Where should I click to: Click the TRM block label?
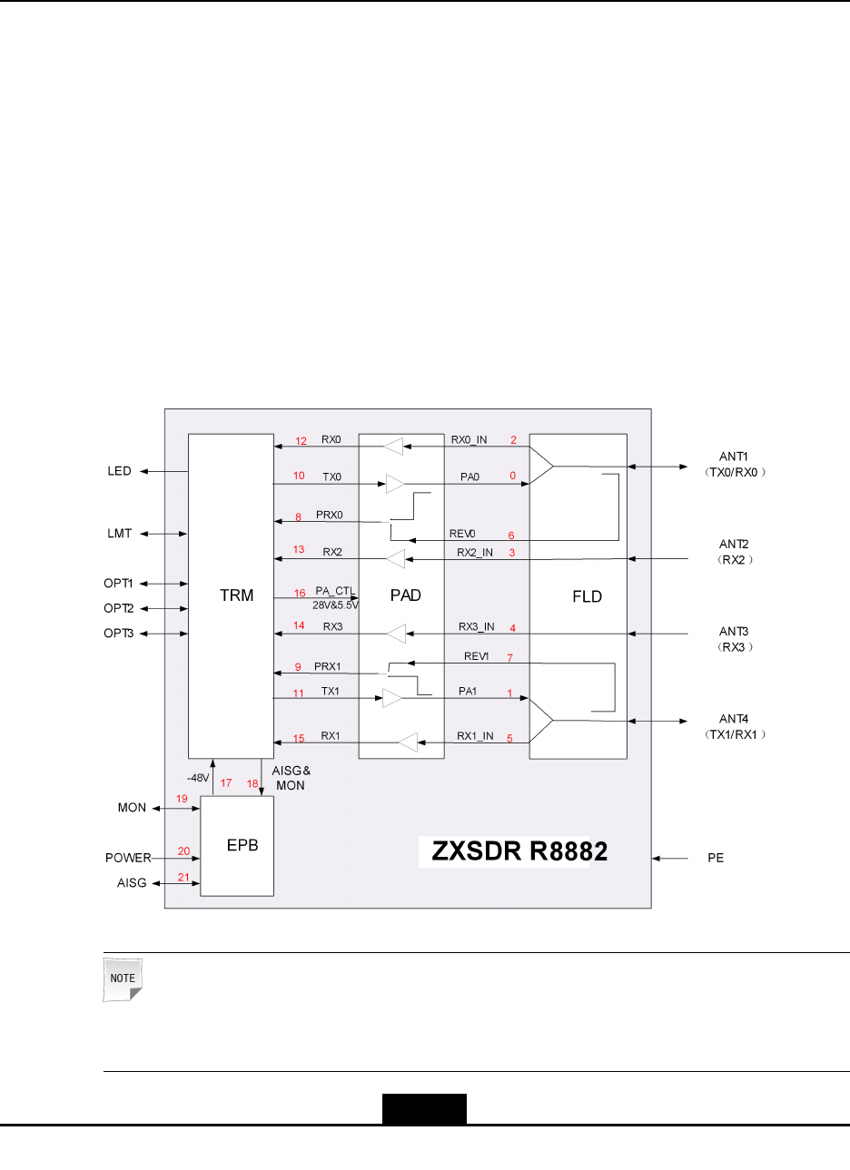click(236, 595)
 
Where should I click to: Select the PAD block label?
click(405, 595)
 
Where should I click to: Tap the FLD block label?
click(587, 596)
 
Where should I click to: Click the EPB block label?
click(242, 845)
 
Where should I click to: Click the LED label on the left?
click(119, 471)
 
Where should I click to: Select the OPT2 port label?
click(118, 608)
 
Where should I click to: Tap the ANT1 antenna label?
click(733, 457)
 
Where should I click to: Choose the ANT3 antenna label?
click(733, 631)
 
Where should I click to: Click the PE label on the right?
click(716, 858)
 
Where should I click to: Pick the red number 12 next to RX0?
click(301, 441)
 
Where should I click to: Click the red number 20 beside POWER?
click(184, 851)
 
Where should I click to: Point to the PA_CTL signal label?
click(335, 591)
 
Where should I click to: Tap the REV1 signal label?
click(477, 656)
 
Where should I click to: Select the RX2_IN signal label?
click(475, 552)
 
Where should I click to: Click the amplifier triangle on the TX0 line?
click(395, 484)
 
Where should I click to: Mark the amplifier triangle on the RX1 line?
click(408, 742)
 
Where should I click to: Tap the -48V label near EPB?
click(198, 778)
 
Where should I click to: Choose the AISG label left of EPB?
click(132, 882)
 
